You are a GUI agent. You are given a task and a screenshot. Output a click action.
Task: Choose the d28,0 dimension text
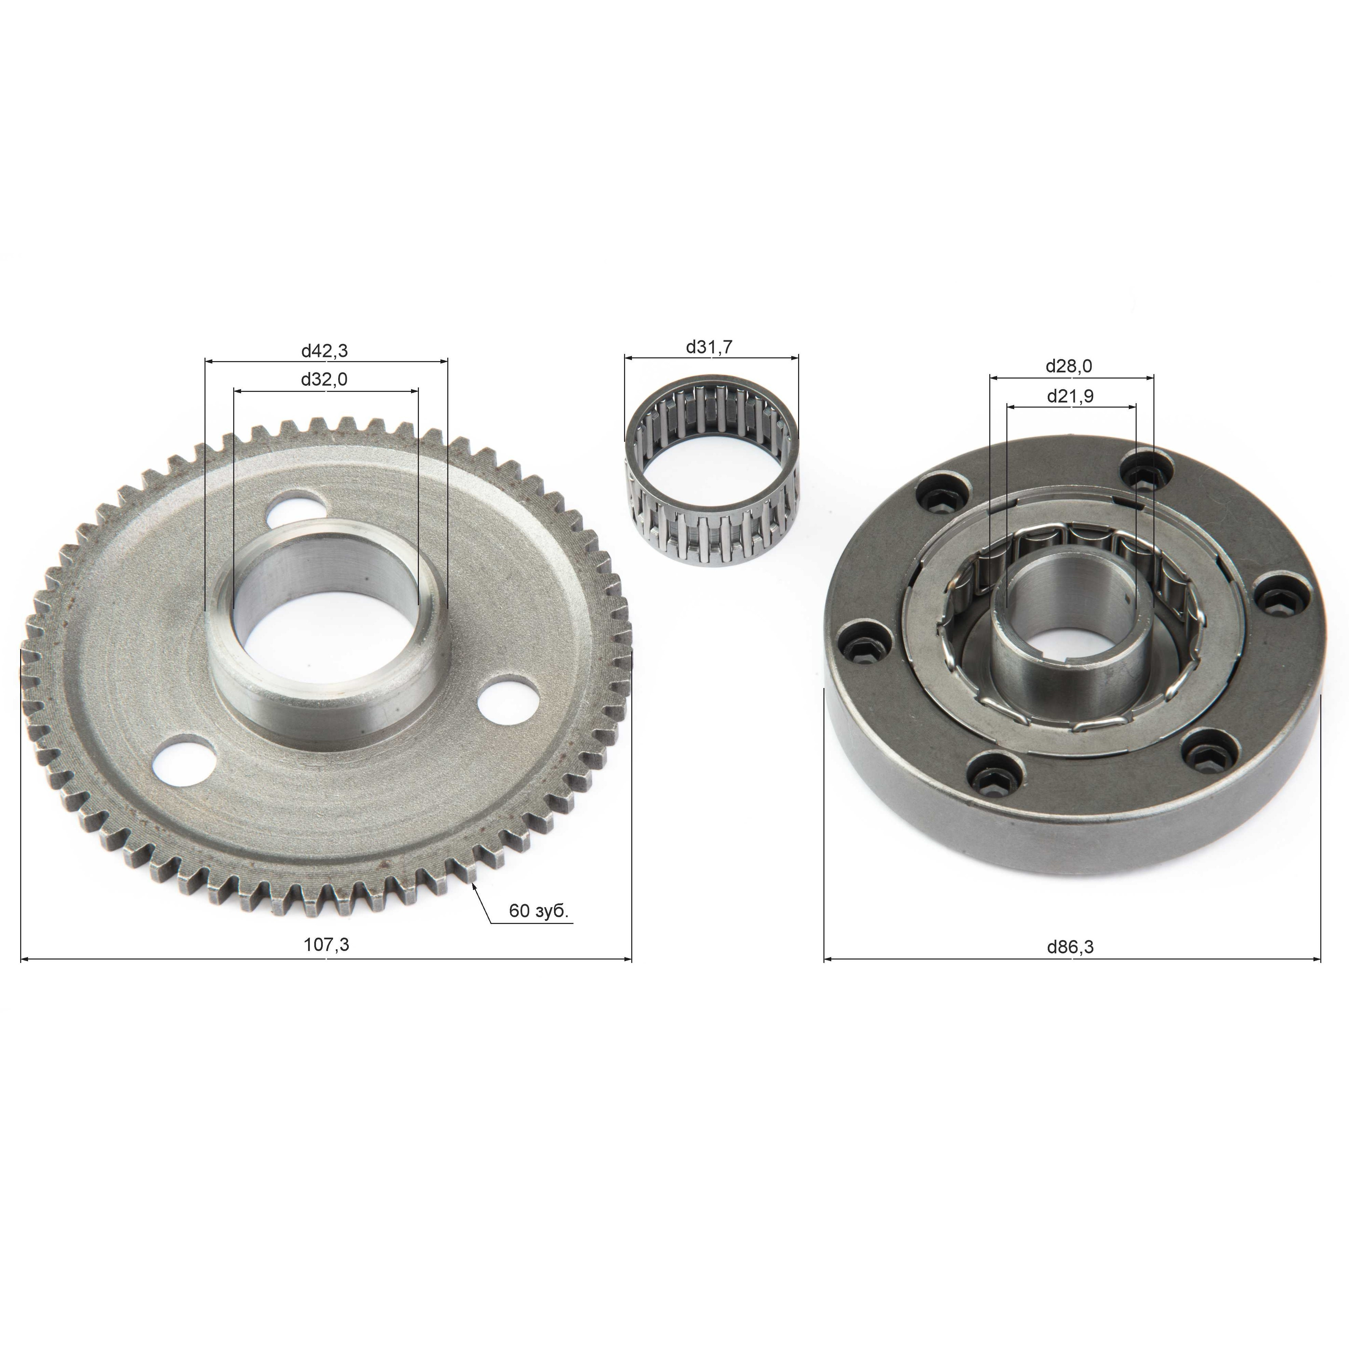point(1069,366)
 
